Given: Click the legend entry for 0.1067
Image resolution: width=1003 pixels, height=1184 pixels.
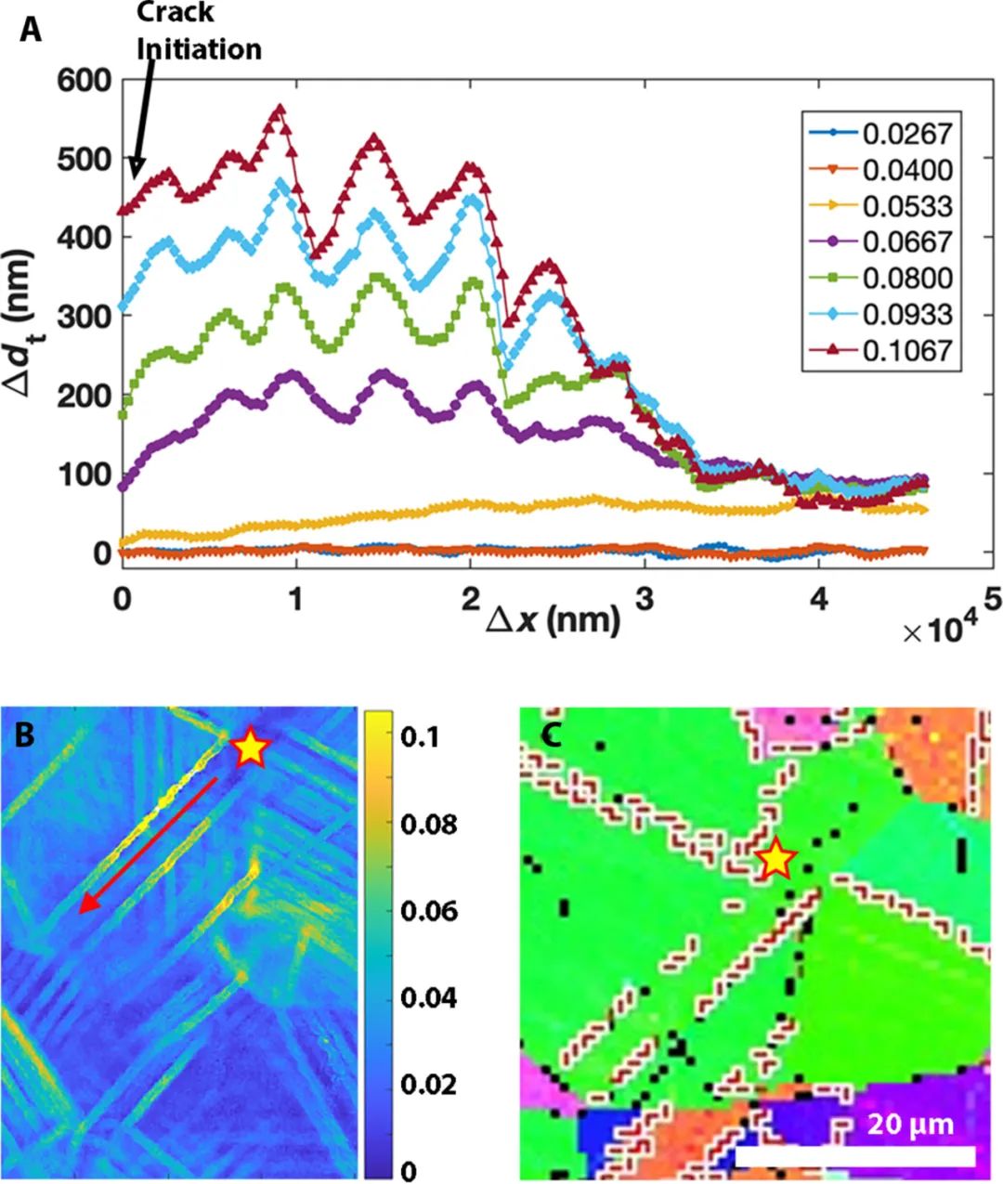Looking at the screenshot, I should pyautogui.click(x=906, y=350).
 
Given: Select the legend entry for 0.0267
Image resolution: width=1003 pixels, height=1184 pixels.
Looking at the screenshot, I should pyautogui.click(x=906, y=134).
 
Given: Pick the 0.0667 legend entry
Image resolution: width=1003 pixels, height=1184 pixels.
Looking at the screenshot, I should pyautogui.click(x=906, y=241).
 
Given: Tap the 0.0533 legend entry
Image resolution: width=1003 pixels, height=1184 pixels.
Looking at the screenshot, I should pyautogui.click(x=906, y=206).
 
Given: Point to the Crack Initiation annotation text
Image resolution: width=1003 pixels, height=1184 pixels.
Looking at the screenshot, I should pyautogui.click(x=199, y=31).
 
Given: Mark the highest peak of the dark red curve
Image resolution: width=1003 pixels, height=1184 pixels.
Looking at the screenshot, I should pyautogui.click(x=279, y=110).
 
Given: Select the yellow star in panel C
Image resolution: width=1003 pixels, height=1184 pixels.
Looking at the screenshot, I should pyautogui.click(x=776, y=861).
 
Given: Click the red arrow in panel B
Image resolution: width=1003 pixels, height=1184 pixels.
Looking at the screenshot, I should pyautogui.click(x=149, y=845).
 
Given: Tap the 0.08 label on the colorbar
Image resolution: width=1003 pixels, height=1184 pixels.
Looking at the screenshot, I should pyautogui.click(x=428, y=824).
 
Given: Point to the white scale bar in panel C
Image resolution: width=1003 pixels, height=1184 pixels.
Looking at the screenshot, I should pyautogui.click(x=854, y=1155).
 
